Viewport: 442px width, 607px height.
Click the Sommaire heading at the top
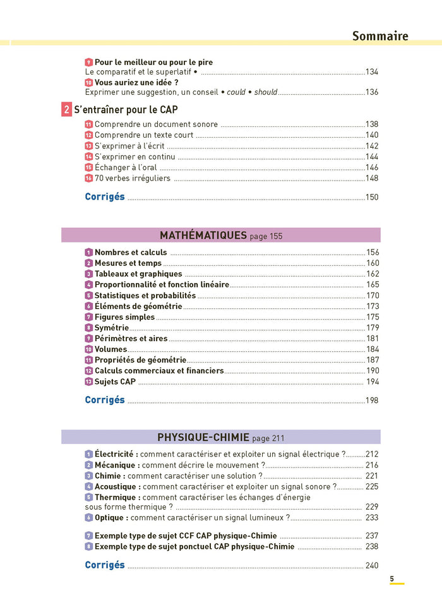[380, 36]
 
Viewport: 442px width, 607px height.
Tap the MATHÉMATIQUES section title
[203, 236]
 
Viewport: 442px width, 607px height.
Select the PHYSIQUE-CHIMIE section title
[203, 438]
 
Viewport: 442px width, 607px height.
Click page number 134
[372, 72]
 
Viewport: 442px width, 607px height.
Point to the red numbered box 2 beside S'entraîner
[67, 109]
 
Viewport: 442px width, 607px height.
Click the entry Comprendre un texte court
[144, 135]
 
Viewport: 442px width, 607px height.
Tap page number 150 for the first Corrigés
[372, 198]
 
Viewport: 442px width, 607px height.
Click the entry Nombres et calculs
[131, 253]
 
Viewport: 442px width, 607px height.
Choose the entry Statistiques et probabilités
[145, 296]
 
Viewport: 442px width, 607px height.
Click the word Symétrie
[112, 328]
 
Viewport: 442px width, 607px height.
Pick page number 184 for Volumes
[373, 349]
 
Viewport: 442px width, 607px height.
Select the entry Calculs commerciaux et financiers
[159, 371]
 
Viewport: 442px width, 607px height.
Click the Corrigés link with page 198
[105, 400]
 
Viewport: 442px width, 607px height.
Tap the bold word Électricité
[116, 454]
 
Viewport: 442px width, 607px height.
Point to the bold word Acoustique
[117, 487]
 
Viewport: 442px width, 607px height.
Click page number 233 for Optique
[372, 518]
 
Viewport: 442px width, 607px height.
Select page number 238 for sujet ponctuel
[372, 546]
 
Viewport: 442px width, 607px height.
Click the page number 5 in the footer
[391, 579]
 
